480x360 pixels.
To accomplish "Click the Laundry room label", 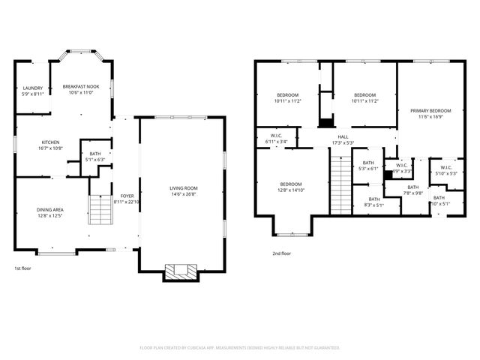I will pyautogui.click(x=32, y=90).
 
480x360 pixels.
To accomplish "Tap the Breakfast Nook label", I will pyautogui.click(x=80, y=89).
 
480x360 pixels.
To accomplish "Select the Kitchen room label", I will pyautogui.click(x=51, y=145).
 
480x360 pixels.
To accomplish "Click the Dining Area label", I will pyautogui.click(x=51, y=212).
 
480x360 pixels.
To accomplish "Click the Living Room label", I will pyautogui.click(x=182, y=190).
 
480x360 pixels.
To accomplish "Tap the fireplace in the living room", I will pyautogui.click(x=182, y=271).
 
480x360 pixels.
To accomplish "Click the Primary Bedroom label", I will pyautogui.click(x=430, y=113).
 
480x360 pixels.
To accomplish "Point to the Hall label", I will pyautogui.click(x=343, y=139).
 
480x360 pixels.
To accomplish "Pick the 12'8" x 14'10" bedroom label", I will pyautogui.click(x=291, y=187).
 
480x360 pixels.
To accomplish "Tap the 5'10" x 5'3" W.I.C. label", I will pyautogui.click(x=445, y=170).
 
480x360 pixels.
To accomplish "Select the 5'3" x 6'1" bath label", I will pyautogui.click(x=368, y=166).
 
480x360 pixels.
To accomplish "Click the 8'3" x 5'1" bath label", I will pyautogui.click(x=373, y=202).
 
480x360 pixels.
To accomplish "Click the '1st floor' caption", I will pyautogui.click(x=22, y=268).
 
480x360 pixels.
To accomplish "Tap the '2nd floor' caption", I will pyautogui.click(x=281, y=253).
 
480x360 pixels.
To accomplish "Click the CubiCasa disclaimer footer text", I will pyautogui.click(x=240, y=348).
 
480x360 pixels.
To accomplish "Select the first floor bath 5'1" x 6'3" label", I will pyautogui.click(x=94, y=156).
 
